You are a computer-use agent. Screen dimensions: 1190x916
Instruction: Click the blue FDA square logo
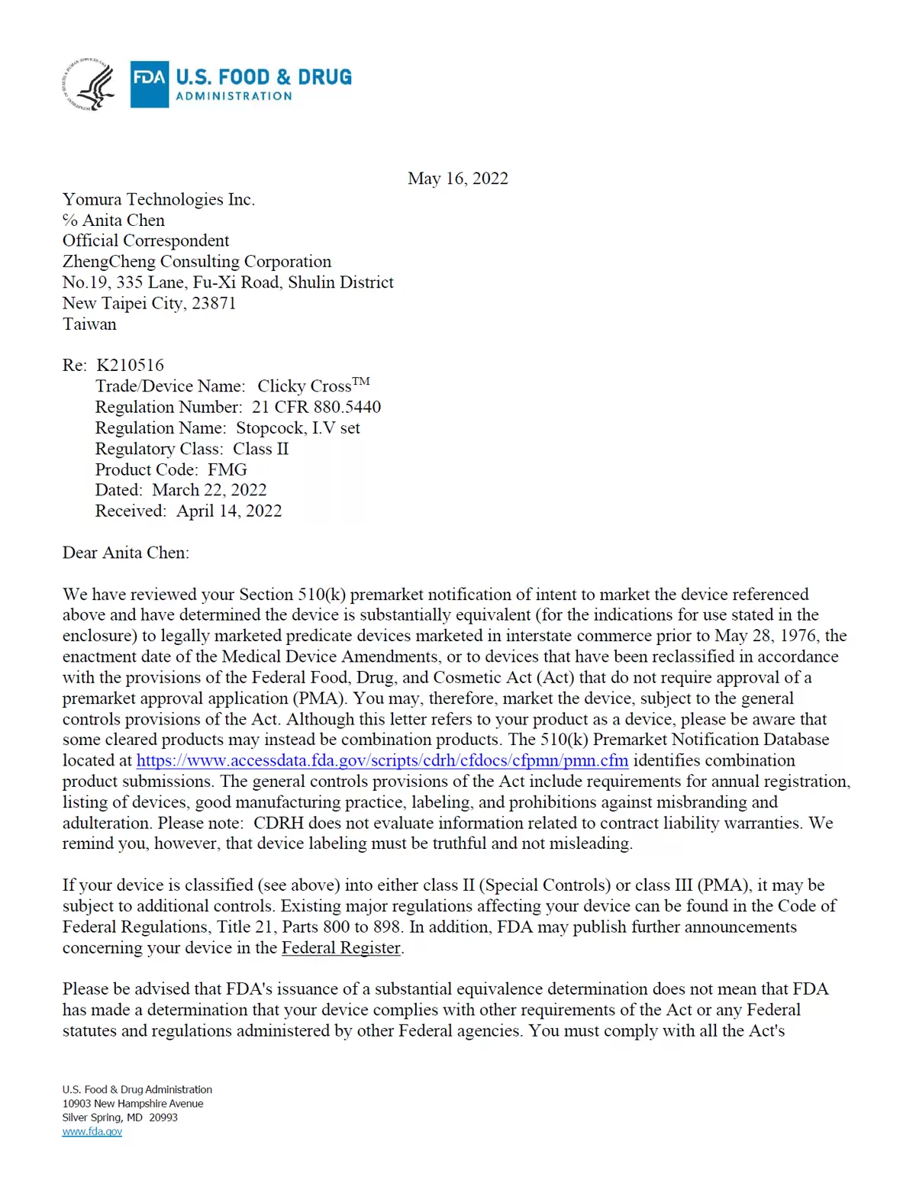pyautogui.click(x=149, y=84)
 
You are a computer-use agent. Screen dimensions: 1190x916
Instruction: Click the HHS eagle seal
pyautogui.click(x=89, y=85)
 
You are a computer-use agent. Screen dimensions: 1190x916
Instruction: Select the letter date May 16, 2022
pyautogui.click(x=457, y=179)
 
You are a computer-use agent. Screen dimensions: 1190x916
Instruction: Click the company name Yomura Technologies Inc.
pyautogui.click(x=159, y=199)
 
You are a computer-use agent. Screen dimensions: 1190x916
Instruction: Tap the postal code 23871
pyautogui.click(x=214, y=303)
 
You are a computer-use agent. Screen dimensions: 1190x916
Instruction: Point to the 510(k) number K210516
pyautogui.click(x=130, y=365)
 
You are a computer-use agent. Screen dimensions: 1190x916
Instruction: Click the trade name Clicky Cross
pyautogui.click(x=304, y=386)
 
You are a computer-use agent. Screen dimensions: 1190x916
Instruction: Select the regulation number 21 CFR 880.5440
pyautogui.click(x=316, y=407)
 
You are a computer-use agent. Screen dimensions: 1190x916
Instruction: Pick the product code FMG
pyautogui.click(x=227, y=469)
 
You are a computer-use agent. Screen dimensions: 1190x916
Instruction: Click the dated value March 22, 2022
pyautogui.click(x=209, y=490)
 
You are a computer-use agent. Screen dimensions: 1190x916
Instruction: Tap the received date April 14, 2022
pyautogui.click(x=229, y=511)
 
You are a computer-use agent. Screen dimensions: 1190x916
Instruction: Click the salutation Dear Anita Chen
pyautogui.click(x=126, y=553)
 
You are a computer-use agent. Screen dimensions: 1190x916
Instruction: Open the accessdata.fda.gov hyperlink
pyautogui.click(x=382, y=760)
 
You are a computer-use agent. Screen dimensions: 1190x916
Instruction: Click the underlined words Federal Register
pyautogui.click(x=341, y=948)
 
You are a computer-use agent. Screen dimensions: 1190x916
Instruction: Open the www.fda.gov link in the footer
pyautogui.click(x=92, y=1131)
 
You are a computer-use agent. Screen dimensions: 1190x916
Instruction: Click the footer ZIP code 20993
pyautogui.click(x=163, y=1117)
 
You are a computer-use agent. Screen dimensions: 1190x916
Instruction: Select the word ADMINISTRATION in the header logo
pyautogui.click(x=234, y=96)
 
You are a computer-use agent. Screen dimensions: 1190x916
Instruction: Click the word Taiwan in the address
pyautogui.click(x=89, y=324)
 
